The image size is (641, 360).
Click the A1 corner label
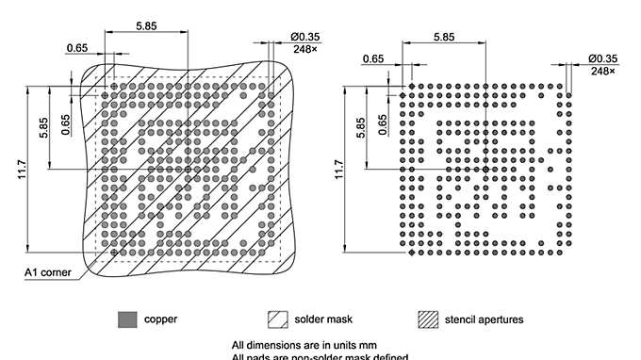tap(43, 273)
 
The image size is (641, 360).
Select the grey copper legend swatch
tap(126, 319)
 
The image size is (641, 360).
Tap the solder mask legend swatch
tap(277, 319)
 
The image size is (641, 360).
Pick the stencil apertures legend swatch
tap(428, 319)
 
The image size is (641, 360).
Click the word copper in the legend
tap(159, 319)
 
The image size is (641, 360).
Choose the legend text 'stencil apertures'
tap(484, 319)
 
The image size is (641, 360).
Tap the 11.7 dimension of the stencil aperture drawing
tap(340, 172)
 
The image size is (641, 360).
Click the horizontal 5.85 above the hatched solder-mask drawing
tap(146, 26)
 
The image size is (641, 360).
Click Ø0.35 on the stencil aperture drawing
tap(603, 58)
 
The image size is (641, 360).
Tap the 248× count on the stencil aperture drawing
tap(603, 71)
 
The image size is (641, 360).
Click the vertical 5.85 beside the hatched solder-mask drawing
tap(44, 129)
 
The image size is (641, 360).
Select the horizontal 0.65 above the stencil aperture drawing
tap(373, 58)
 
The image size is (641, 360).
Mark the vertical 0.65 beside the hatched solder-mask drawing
tap(65, 124)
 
